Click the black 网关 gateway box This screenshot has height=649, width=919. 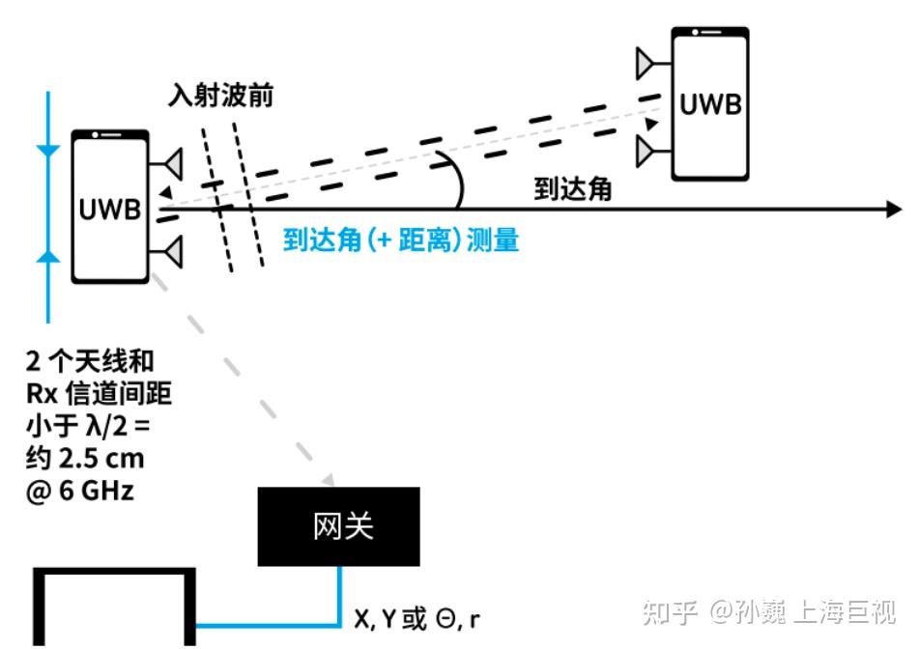(x=338, y=526)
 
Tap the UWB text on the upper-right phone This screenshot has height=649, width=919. (x=710, y=104)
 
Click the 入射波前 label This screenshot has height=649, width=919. (x=219, y=98)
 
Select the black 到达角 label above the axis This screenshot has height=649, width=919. (x=573, y=189)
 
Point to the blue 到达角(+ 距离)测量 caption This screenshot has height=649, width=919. (x=401, y=240)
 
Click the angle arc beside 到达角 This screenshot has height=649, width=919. (x=455, y=181)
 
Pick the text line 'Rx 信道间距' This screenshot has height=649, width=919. (x=100, y=394)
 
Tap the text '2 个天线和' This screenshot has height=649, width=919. (x=89, y=362)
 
